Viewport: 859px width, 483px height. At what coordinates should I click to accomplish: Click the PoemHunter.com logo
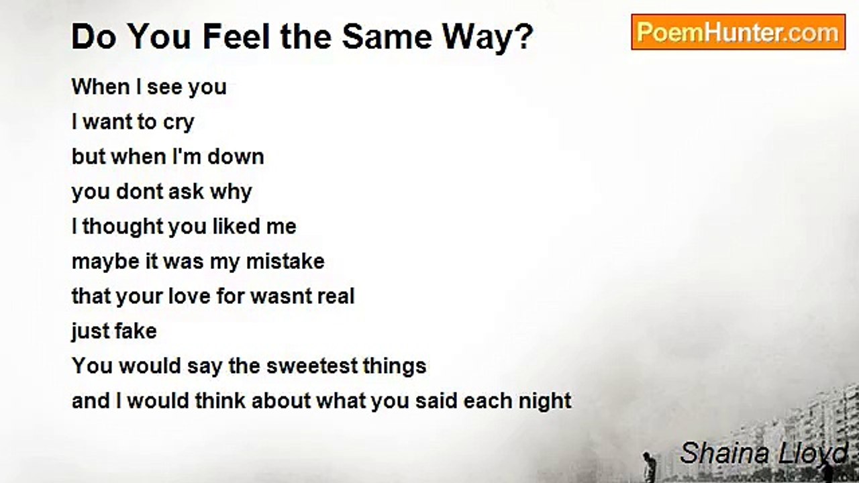tap(738, 32)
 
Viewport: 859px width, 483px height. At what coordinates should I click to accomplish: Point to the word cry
tap(178, 123)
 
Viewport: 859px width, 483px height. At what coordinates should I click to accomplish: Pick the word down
tap(236, 156)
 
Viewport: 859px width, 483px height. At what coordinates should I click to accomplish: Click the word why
tap(230, 192)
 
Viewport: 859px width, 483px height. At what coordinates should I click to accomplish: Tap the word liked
tap(236, 226)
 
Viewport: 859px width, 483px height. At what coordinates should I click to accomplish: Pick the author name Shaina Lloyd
tap(764, 453)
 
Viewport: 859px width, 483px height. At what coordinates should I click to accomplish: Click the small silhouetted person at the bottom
tap(648, 466)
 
